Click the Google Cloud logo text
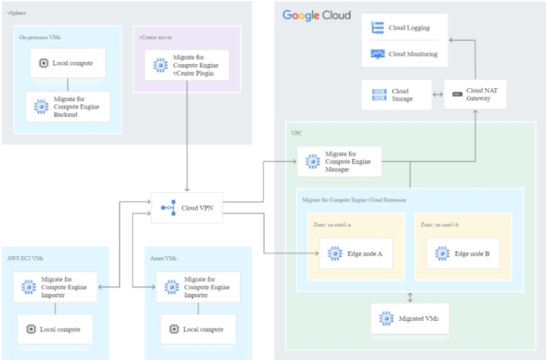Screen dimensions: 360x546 point(317,15)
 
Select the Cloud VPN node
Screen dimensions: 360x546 point(187,208)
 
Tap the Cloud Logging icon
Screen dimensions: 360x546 point(378,28)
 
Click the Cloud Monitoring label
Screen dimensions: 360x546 point(413,53)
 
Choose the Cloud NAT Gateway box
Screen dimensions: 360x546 point(475,95)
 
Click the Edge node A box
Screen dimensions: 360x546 point(355,253)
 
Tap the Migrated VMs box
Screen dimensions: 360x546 point(409,318)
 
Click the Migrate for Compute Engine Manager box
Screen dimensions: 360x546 point(339,162)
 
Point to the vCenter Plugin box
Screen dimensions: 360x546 point(186,65)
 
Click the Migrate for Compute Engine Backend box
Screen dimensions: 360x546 point(68,107)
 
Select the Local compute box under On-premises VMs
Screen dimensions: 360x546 point(67,63)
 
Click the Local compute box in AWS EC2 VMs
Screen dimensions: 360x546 point(55,329)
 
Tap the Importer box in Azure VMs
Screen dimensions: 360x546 point(198,287)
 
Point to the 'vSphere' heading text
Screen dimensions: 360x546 point(16,14)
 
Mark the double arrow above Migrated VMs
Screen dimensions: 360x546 point(409,297)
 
